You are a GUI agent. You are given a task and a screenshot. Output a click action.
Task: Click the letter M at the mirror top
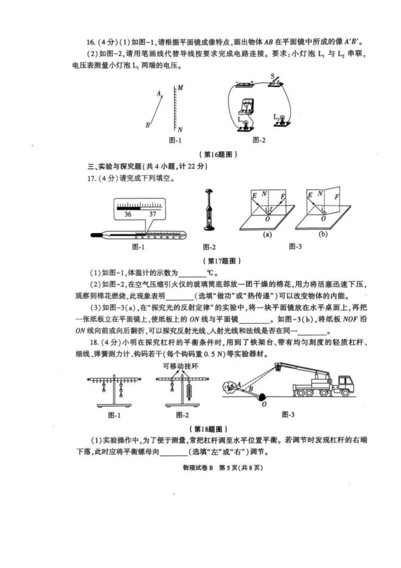(x=180, y=88)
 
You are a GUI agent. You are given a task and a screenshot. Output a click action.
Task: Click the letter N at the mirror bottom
(x=180, y=130)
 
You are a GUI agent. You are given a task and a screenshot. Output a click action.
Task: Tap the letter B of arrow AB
(x=147, y=125)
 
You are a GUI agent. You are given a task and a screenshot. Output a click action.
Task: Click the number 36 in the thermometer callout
(x=128, y=214)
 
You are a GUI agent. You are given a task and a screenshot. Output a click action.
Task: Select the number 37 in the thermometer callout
(x=153, y=214)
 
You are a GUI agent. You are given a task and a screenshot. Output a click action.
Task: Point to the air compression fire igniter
(x=209, y=210)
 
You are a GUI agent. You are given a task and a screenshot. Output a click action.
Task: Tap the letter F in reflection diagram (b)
(x=336, y=197)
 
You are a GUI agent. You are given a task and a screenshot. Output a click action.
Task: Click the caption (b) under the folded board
(x=323, y=234)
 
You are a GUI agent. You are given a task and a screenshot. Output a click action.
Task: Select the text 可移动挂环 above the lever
(x=180, y=366)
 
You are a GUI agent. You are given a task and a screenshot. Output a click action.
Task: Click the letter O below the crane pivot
(x=264, y=404)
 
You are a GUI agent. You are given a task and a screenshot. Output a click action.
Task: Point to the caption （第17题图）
(x=222, y=261)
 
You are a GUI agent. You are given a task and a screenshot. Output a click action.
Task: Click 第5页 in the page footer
(x=227, y=468)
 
